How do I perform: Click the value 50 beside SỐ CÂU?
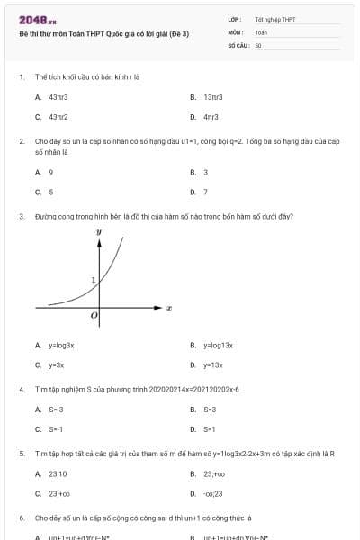(258, 44)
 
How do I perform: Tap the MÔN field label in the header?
(237, 31)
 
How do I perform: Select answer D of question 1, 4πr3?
(211, 117)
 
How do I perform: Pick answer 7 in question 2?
(205, 192)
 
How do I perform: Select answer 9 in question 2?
(50, 171)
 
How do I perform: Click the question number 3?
(21, 216)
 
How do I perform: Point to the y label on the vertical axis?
(99, 232)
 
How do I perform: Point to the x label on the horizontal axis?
(169, 309)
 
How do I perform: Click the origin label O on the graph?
(94, 317)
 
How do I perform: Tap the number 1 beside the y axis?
(93, 281)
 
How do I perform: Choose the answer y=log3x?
(61, 345)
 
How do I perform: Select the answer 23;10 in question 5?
(58, 473)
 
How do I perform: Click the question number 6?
(21, 518)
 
